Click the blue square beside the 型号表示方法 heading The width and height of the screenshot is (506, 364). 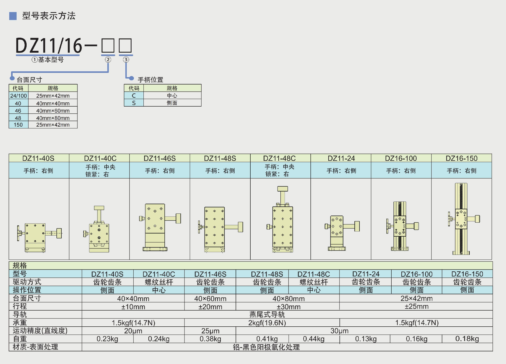[x=13, y=16]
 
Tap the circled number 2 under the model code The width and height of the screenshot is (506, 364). [x=108, y=60]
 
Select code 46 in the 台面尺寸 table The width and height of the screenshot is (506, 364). [x=18, y=111]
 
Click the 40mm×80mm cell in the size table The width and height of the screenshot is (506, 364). [x=53, y=118]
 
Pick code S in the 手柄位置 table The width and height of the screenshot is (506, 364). [x=134, y=103]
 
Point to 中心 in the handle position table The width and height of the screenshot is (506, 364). [x=172, y=96]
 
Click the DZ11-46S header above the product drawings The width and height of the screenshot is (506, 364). [x=159, y=158]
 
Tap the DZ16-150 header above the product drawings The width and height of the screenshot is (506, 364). [x=461, y=158]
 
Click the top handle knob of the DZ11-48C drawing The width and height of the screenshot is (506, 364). [x=283, y=189]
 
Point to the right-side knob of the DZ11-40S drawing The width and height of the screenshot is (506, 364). [x=59, y=233]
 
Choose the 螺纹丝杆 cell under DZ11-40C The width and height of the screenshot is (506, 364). [x=159, y=282]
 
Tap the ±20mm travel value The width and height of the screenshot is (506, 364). [x=210, y=307]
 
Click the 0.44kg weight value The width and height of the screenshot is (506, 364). [x=314, y=339]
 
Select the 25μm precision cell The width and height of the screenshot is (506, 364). [x=210, y=331]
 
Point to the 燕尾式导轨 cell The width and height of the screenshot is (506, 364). [x=267, y=315]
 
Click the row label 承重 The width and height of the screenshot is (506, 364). [x=20, y=323]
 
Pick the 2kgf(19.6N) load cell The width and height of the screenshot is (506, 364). [x=267, y=323]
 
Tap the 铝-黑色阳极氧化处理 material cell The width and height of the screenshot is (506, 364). [x=266, y=347]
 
